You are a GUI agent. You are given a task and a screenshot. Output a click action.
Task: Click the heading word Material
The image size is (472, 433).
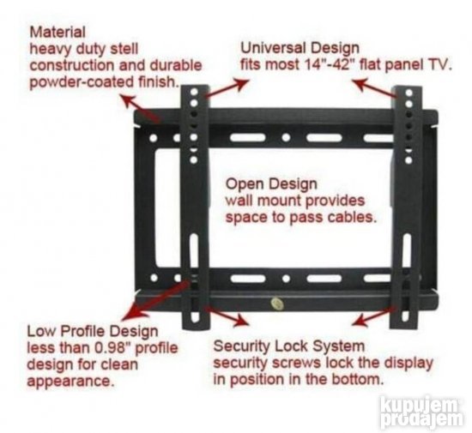57,32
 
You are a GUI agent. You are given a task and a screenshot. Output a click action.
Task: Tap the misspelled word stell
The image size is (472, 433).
124,48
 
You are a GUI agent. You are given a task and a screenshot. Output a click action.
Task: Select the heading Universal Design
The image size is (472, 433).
300,48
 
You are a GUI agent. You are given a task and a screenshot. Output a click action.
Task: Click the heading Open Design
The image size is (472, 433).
271,184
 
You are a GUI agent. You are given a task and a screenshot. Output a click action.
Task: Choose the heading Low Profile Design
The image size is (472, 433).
93,332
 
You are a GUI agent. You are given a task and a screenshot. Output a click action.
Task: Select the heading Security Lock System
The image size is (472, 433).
289,346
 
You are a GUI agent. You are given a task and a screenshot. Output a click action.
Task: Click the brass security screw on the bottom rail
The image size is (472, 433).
277,304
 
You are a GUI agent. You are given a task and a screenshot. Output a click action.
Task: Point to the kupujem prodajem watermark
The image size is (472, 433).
421,412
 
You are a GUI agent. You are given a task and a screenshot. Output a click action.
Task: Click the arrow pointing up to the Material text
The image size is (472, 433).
140,109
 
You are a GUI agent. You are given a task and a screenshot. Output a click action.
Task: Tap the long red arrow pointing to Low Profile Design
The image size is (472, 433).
156,298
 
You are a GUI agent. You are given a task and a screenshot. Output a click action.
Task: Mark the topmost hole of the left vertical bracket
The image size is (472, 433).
194,91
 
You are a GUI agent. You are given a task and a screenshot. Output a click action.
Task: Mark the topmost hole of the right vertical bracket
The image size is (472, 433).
408,93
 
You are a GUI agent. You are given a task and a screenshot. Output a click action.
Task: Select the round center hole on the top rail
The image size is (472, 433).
286,138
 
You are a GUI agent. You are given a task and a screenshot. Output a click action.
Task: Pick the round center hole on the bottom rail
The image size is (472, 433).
287,279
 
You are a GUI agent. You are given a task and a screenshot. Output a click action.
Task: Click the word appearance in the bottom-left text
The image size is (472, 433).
70,382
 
